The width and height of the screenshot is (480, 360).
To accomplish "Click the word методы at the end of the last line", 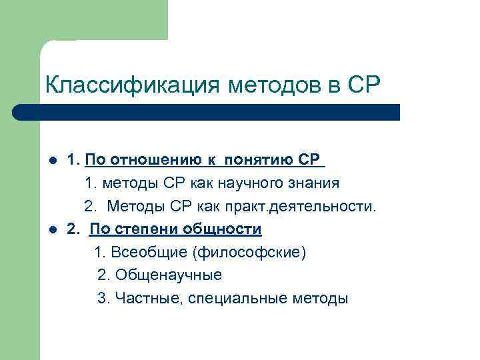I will pyautogui.click(x=321, y=299).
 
